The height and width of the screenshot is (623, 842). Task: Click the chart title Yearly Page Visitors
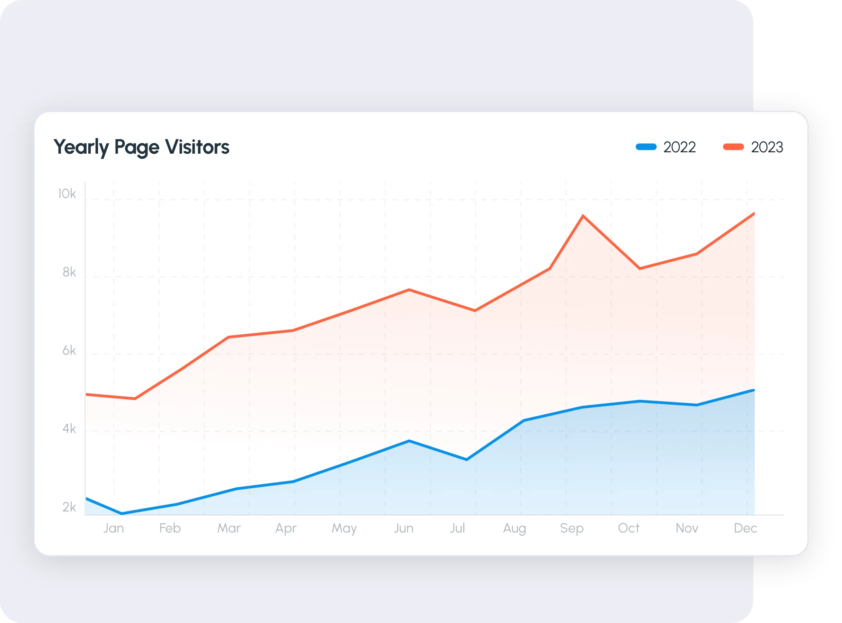tap(141, 147)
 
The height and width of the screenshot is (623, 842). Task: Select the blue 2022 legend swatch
tap(646, 147)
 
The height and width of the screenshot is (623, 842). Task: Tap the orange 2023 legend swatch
tap(733, 147)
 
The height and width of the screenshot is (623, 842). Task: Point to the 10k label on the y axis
tap(66, 194)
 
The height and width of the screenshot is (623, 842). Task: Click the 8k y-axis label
tap(69, 272)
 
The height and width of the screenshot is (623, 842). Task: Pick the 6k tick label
tap(69, 351)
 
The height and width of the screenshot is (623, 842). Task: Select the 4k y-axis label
tap(69, 429)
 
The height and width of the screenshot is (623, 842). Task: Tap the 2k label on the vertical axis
tap(69, 507)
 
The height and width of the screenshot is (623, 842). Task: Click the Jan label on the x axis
tap(114, 528)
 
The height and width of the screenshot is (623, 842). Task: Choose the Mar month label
tap(229, 528)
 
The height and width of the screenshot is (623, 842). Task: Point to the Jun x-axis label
tap(403, 528)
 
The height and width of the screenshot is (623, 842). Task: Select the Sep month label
tap(572, 528)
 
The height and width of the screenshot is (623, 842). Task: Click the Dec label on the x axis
tap(745, 528)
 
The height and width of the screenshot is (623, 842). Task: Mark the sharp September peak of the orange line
tap(583, 216)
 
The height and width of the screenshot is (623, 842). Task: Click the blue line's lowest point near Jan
tap(122, 513)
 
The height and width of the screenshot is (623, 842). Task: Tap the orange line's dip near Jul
tap(475, 311)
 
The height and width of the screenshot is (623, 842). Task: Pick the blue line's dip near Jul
tap(467, 459)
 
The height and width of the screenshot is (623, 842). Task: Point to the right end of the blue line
tap(753, 390)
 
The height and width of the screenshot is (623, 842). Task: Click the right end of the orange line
tap(753, 214)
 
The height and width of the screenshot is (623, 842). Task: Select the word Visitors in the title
tap(197, 147)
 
